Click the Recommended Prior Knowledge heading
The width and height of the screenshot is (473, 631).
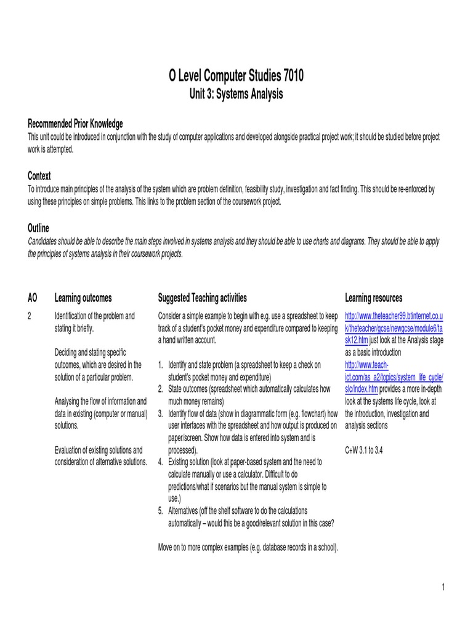click(75, 123)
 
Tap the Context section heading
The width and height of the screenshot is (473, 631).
click(39, 176)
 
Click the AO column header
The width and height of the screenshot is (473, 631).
click(33, 298)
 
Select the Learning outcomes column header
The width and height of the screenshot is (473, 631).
click(83, 298)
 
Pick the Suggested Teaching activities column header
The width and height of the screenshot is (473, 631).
click(202, 298)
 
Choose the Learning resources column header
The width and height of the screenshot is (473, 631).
click(373, 298)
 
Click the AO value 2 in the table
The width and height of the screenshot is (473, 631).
click(30, 316)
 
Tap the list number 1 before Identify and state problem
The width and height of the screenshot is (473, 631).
click(161, 365)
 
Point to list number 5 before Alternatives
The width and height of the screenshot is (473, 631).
click(161, 511)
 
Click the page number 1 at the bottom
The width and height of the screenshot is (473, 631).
click(442, 587)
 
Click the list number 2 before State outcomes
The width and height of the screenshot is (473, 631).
click(161, 389)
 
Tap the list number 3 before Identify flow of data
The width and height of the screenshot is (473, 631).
click(161, 413)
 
